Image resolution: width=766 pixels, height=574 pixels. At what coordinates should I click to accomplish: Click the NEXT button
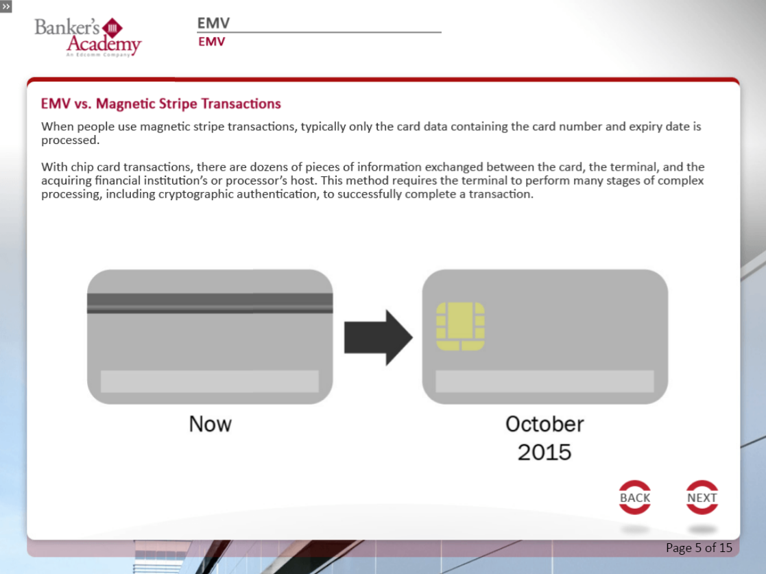point(702,497)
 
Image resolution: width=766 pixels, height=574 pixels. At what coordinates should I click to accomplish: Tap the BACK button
point(634,497)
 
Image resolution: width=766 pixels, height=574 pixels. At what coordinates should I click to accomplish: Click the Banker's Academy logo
point(88,37)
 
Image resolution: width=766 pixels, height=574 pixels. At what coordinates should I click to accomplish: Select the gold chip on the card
point(460,326)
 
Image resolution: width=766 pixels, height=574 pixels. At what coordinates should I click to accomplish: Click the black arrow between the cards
point(379,337)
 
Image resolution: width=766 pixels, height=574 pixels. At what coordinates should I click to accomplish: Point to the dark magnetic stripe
point(210,303)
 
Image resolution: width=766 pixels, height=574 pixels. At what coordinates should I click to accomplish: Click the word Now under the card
point(210,424)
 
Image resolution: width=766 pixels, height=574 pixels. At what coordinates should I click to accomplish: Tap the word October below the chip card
point(544,424)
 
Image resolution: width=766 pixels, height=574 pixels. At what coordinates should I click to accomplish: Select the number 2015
point(544,453)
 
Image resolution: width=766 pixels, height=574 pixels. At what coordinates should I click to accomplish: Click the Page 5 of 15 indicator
point(699,548)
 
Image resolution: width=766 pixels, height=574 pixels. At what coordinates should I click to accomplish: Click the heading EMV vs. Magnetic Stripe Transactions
point(160,104)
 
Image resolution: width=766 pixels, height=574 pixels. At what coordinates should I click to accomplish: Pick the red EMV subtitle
point(211,42)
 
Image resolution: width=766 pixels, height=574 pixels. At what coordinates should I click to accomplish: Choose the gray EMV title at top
point(213,23)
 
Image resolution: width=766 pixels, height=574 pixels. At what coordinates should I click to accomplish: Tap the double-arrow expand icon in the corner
point(6,6)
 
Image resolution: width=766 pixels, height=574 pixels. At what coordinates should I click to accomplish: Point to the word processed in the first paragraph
point(70,141)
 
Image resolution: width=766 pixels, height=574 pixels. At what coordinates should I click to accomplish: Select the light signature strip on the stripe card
point(210,381)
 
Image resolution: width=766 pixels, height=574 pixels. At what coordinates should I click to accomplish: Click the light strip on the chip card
point(544,381)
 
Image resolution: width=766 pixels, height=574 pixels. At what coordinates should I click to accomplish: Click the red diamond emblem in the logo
point(112,28)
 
